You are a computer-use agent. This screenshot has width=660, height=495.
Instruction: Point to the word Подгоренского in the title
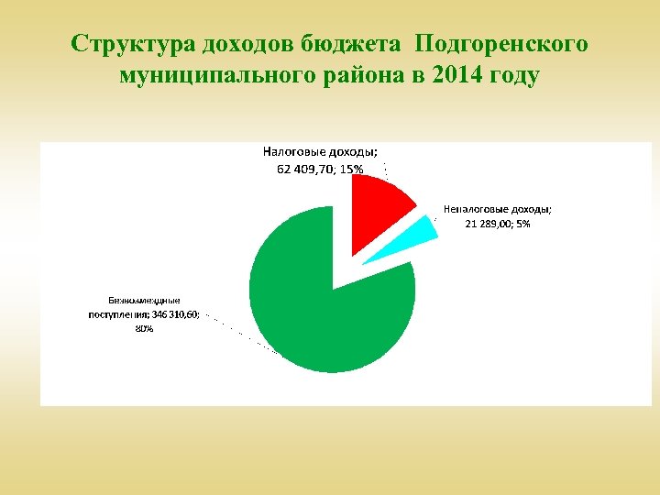tap(501, 44)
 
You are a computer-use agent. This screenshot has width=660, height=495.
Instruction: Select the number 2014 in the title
tap(437, 75)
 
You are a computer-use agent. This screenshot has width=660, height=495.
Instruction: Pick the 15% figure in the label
tap(352, 169)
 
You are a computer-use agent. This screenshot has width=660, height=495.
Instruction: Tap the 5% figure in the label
tap(523, 224)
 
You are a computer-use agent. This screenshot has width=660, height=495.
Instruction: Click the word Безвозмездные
tap(144, 300)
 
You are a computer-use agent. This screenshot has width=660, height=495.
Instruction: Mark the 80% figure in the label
tap(144, 328)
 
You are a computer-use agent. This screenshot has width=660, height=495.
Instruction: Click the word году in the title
tap(513, 75)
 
